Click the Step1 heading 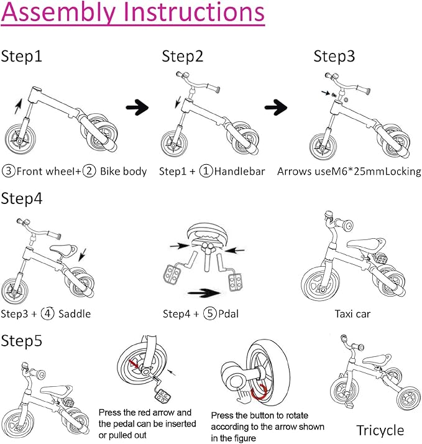[x=22, y=57]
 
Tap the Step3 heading [x=334, y=57]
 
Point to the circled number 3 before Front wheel [x=8, y=171]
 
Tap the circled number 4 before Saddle [x=48, y=313]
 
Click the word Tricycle [x=380, y=430]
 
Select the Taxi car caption [x=352, y=313]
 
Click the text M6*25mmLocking [x=376, y=171]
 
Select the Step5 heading [x=22, y=340]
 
